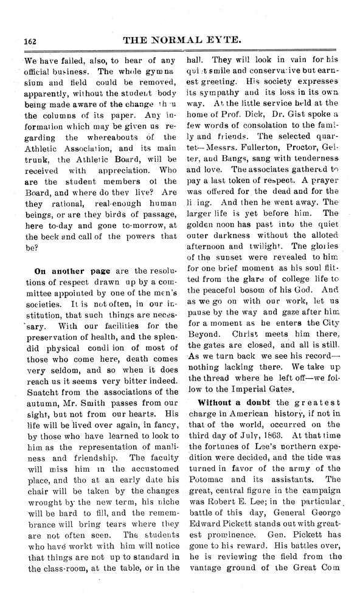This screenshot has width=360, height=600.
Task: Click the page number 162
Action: (x=30, y=41)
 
